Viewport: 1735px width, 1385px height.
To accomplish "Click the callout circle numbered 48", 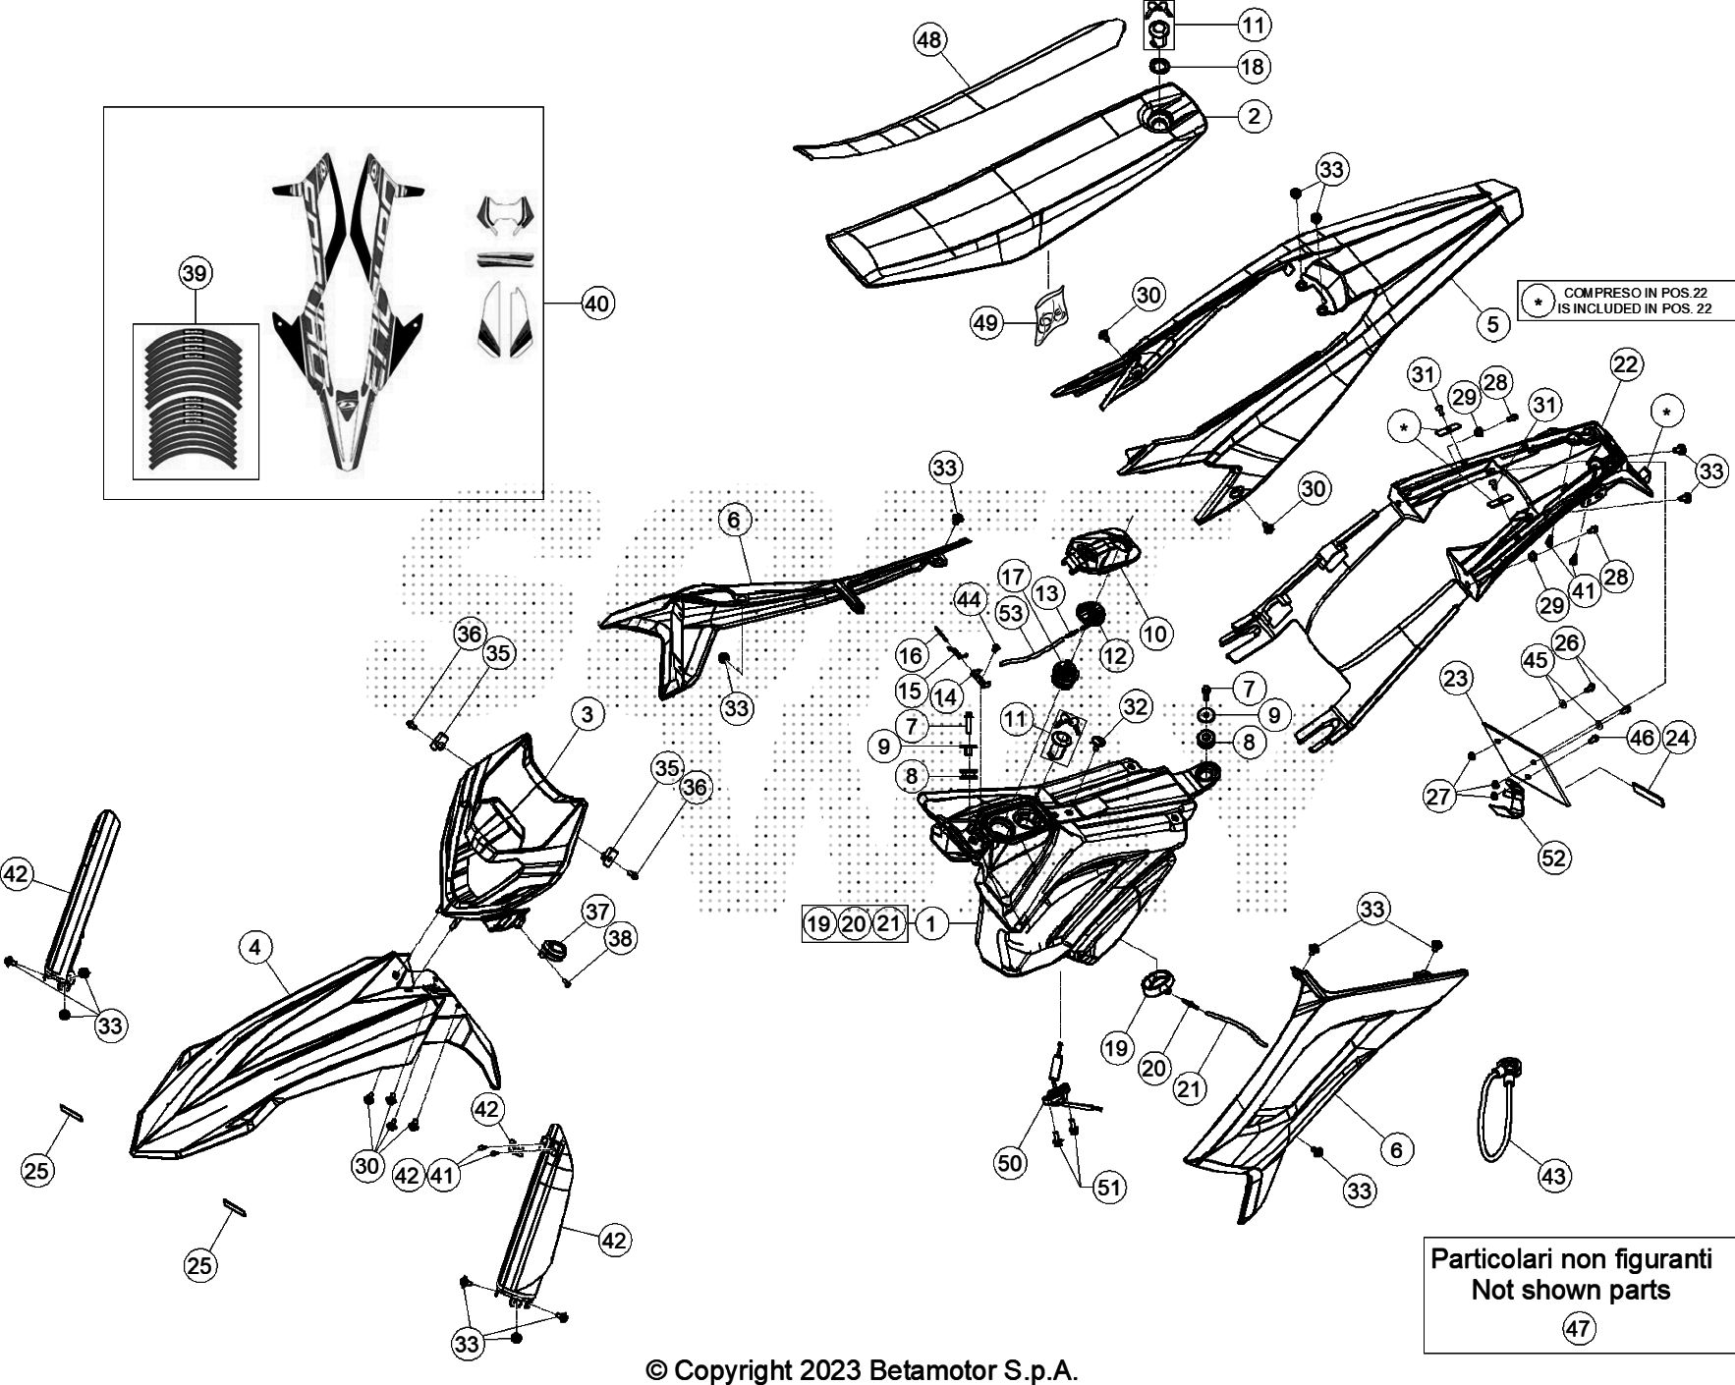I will click(929, 40).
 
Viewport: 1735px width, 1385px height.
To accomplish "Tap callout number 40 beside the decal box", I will click(597, 304).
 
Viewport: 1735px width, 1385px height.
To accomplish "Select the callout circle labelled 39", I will click(195, 273).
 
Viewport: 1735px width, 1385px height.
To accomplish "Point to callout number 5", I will click(1492, 323).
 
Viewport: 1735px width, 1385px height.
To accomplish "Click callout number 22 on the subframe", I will click(1626, 363).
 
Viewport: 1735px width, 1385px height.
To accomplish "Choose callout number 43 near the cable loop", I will click(1554, 1175).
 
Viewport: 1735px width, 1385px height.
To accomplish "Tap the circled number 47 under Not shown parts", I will click(1578, 1329).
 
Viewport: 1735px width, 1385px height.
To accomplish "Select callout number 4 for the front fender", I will click(255, 947).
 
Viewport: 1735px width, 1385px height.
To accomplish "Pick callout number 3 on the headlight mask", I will click(588, 714).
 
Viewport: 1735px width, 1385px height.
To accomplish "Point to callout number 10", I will click(1156, 634).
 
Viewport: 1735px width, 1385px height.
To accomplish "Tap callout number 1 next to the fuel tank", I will click(931, 922).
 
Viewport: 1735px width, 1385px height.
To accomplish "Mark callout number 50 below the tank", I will click(1010, 1163).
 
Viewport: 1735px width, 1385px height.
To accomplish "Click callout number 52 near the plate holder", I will click(1554, 858).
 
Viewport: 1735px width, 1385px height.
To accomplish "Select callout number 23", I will click(1457, 678).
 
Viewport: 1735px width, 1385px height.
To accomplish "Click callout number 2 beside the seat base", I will click(1253, 116).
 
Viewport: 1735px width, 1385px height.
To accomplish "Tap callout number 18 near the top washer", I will click(1253, 66).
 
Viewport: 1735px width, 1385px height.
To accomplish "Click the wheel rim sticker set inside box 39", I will click(195, 403).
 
